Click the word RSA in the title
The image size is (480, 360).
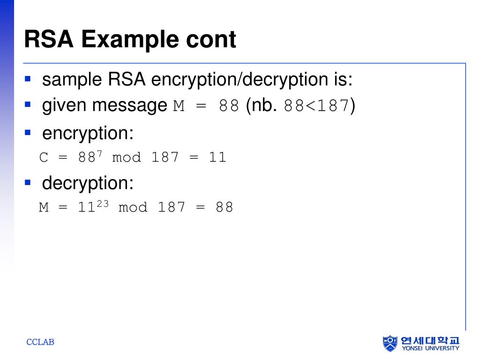(49, 39)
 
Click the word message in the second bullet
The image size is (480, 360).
(130, 105)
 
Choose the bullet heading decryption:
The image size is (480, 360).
(88, 183)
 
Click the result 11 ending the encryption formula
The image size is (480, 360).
(217, 157)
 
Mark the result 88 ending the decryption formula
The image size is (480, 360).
(224, 207)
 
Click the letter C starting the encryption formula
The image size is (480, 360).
(44, 157)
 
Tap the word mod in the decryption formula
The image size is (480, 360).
(133, 207)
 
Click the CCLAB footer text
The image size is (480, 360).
(40, 342)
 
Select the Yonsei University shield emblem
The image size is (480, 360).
(390, 343)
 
